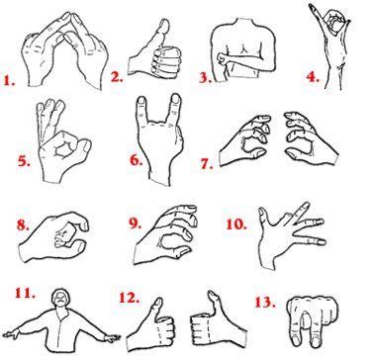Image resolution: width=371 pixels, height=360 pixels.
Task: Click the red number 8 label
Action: tap(23, 225)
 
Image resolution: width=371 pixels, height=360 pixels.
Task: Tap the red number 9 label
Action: tap(118, 226)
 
